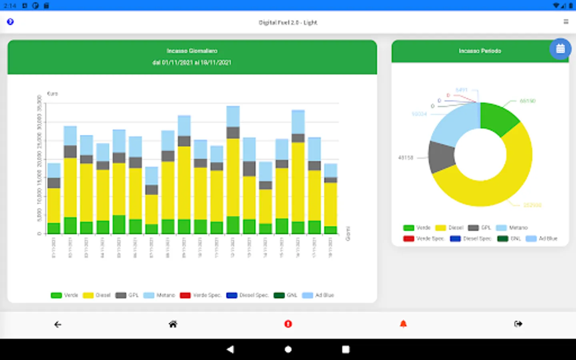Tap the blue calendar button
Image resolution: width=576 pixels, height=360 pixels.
coord(560,49)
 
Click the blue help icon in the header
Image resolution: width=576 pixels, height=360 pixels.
coord(10,22)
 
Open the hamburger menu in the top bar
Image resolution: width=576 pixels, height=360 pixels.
coord(566,22)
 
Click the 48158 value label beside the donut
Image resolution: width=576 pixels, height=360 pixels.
coord(406,158)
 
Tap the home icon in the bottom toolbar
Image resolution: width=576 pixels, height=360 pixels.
coord(173,324)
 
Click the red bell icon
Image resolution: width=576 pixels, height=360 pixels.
coord(403,324)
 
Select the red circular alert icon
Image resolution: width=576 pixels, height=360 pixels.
coord(288,324)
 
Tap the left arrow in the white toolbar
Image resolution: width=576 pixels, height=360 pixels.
coord(58,324)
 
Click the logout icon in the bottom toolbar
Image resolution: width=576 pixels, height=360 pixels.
coord(518,324)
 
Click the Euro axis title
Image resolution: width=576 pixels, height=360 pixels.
coord(52,94)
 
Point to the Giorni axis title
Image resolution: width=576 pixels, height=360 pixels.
coord(348,234)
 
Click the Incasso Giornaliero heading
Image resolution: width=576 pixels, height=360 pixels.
coord(192,51)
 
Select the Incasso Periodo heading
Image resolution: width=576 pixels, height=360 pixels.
coord(480,51)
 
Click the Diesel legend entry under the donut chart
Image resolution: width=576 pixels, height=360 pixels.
coord(450,228)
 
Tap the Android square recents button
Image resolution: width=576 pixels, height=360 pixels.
coord(346,349)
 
